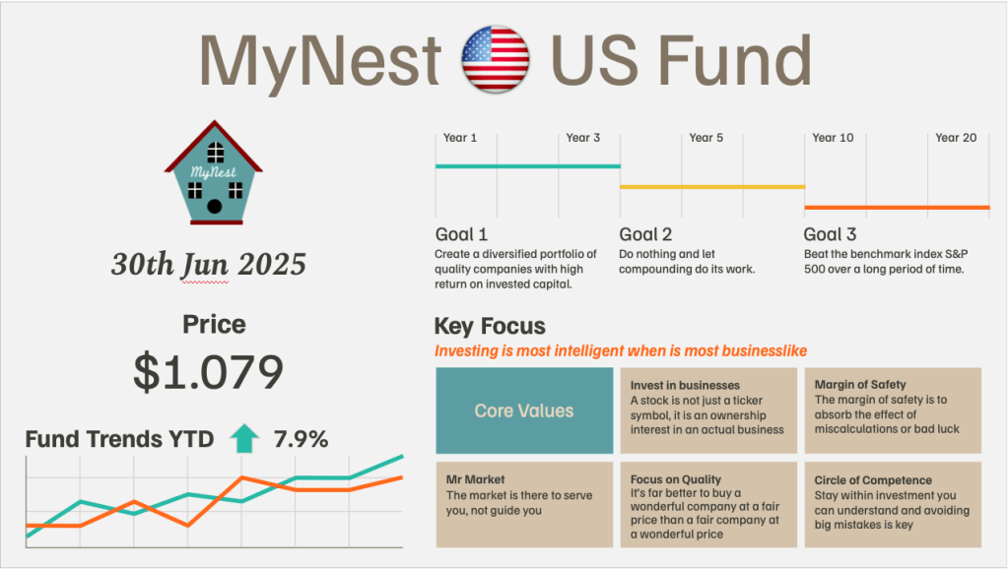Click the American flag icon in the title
click(x=495, y=59)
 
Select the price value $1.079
click(x=209, y=372)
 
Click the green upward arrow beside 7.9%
click(x=244, y=439)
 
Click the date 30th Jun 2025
click(x=209, y=264)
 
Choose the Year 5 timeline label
click(x=706, y=138)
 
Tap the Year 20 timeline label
click(x=955, y=138)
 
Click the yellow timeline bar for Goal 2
click(x=711, y=186)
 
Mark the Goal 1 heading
click(x=461, y=234)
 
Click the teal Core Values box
click(x=523, y=411)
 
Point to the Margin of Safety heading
click(x=860, y=385)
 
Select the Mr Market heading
click(x=475, y=479)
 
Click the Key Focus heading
click(x=490, y=327)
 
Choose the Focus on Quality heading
click(x=676, y=479)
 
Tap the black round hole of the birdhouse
click(x=214, y=207)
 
